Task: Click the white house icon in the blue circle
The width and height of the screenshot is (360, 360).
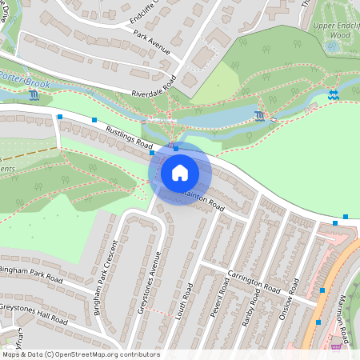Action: (180, 172)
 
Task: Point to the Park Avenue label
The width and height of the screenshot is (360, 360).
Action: (152, 44)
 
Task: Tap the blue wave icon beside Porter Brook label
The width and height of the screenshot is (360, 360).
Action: (33, 96)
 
